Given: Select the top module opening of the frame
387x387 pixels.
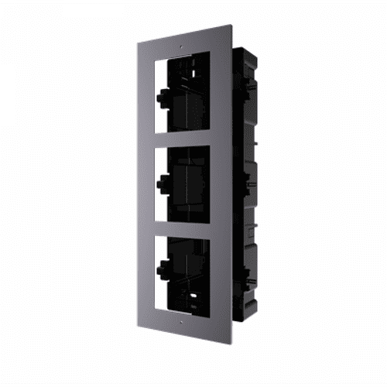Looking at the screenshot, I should pyautogui.click(x=184, y=94).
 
